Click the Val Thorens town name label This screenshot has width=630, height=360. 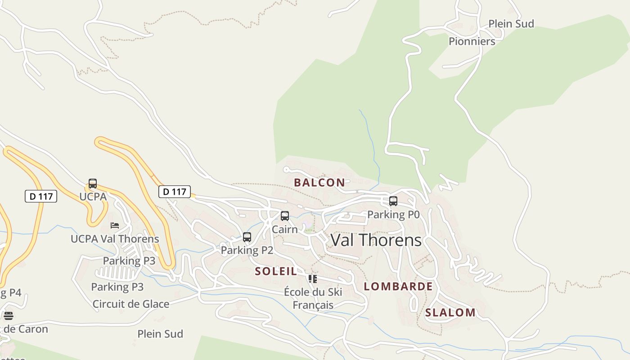click(376, 240)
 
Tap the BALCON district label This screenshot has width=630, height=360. click(319, 183)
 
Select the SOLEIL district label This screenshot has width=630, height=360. click(276, 271)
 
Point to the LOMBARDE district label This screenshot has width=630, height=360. click(398, 287)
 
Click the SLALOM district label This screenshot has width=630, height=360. click(450, 313)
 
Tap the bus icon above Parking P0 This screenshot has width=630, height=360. click(393, 201)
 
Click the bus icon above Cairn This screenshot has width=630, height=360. click(284, 216)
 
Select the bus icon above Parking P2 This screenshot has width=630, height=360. click(247, 237)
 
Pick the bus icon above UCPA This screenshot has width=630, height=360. click(92, 184)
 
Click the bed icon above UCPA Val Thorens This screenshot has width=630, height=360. click(115, 225)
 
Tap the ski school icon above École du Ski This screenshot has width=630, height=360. click(312, 279)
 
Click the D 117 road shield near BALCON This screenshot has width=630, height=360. click(175, 192)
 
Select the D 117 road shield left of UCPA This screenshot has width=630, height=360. click(40, 196)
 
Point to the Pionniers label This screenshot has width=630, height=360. click(472, 41)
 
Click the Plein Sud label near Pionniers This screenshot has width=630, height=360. click(511, 24)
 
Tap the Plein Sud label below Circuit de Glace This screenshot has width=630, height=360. click(160, 334)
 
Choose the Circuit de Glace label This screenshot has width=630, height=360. click(130, 304)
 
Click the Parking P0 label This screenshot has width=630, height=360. click(393, 215)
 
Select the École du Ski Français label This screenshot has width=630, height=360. click(313, 298)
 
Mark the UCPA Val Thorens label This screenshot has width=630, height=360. click(115, 239)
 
